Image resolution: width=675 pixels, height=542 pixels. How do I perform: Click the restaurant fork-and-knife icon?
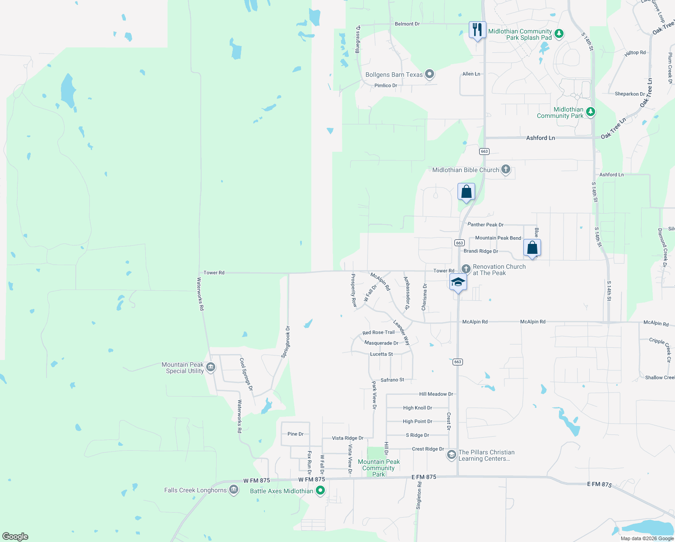tap(477, 30)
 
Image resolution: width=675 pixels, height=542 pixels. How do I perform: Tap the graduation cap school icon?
tap(458, 282)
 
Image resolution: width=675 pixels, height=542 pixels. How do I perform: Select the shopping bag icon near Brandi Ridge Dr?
tap(532, 248)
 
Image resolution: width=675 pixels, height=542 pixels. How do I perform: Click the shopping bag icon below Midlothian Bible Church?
tap(466, 192)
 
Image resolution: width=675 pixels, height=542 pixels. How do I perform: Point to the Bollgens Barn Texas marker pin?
tap(430, 74)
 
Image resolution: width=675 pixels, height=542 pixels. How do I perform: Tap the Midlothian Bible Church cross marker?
tap(506, 170)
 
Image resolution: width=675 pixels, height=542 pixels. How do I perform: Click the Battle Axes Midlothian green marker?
tap(320, 491)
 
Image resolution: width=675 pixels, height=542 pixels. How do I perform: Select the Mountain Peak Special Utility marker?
tap(210, 368)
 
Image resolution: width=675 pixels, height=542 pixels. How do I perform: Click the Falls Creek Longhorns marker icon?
tap(233, 490)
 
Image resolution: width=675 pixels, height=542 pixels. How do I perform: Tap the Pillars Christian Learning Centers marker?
tap(451, 455)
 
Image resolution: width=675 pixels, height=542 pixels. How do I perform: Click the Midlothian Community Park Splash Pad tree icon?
tap(559, 34)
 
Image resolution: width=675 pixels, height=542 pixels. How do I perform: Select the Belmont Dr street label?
tap(407, 24)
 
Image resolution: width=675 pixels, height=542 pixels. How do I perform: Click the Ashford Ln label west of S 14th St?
tap(541, 138)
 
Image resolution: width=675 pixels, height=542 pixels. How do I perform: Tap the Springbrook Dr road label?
tap(285, 342)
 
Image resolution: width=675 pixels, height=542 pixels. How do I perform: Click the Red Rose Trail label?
tap(379, 332)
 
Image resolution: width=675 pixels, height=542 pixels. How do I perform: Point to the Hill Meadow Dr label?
tap(436, 394)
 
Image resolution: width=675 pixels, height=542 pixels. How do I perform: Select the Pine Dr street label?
tap(296, 434)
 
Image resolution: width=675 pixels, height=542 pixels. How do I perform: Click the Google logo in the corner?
tap(15, 537)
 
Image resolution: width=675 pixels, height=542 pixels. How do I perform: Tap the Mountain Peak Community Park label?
tap(379, 468)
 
